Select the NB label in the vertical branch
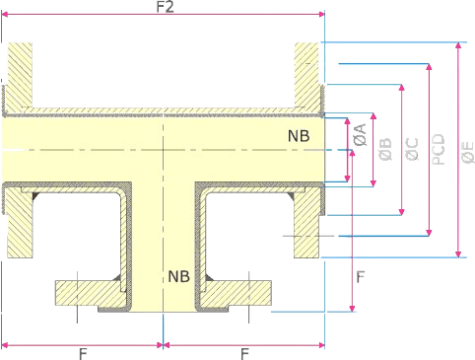click(178, 275)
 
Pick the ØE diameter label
click(468, 150)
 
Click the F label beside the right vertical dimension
click(361, 278)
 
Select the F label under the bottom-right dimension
click(243, 353)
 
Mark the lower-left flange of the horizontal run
click(18, 222)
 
